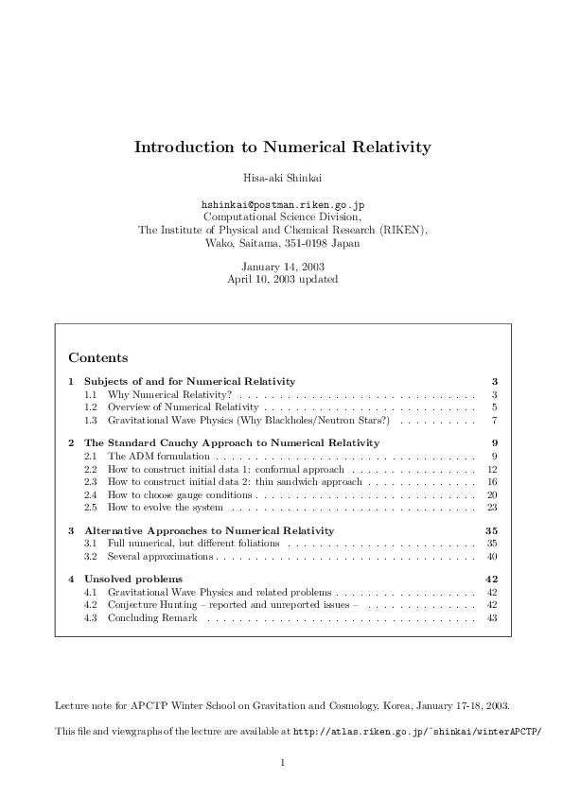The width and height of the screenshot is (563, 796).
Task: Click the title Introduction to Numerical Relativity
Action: (282, 147)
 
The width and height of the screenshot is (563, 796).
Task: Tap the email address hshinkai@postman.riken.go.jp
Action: (283, 203)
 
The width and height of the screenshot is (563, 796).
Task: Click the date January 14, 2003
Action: (282, 267)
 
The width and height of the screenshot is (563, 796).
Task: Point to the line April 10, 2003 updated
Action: (282, 279)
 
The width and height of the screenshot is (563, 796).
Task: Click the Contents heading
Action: (98, 357)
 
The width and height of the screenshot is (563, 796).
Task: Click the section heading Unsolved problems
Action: (133, 579)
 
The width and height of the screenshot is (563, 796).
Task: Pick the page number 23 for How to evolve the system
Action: (492, 508)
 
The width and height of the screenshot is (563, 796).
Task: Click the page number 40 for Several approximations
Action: (492, 557)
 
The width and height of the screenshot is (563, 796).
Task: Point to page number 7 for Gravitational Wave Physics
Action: (495, 419)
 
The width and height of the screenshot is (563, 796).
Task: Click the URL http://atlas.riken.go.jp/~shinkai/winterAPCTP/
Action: (418, 732)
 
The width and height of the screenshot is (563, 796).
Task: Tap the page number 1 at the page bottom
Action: (282, 762)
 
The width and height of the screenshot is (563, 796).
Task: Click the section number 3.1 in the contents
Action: (91, 544)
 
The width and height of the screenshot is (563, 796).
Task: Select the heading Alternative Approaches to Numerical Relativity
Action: (209, 530)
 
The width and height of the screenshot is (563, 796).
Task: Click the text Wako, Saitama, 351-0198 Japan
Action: (282, 242)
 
